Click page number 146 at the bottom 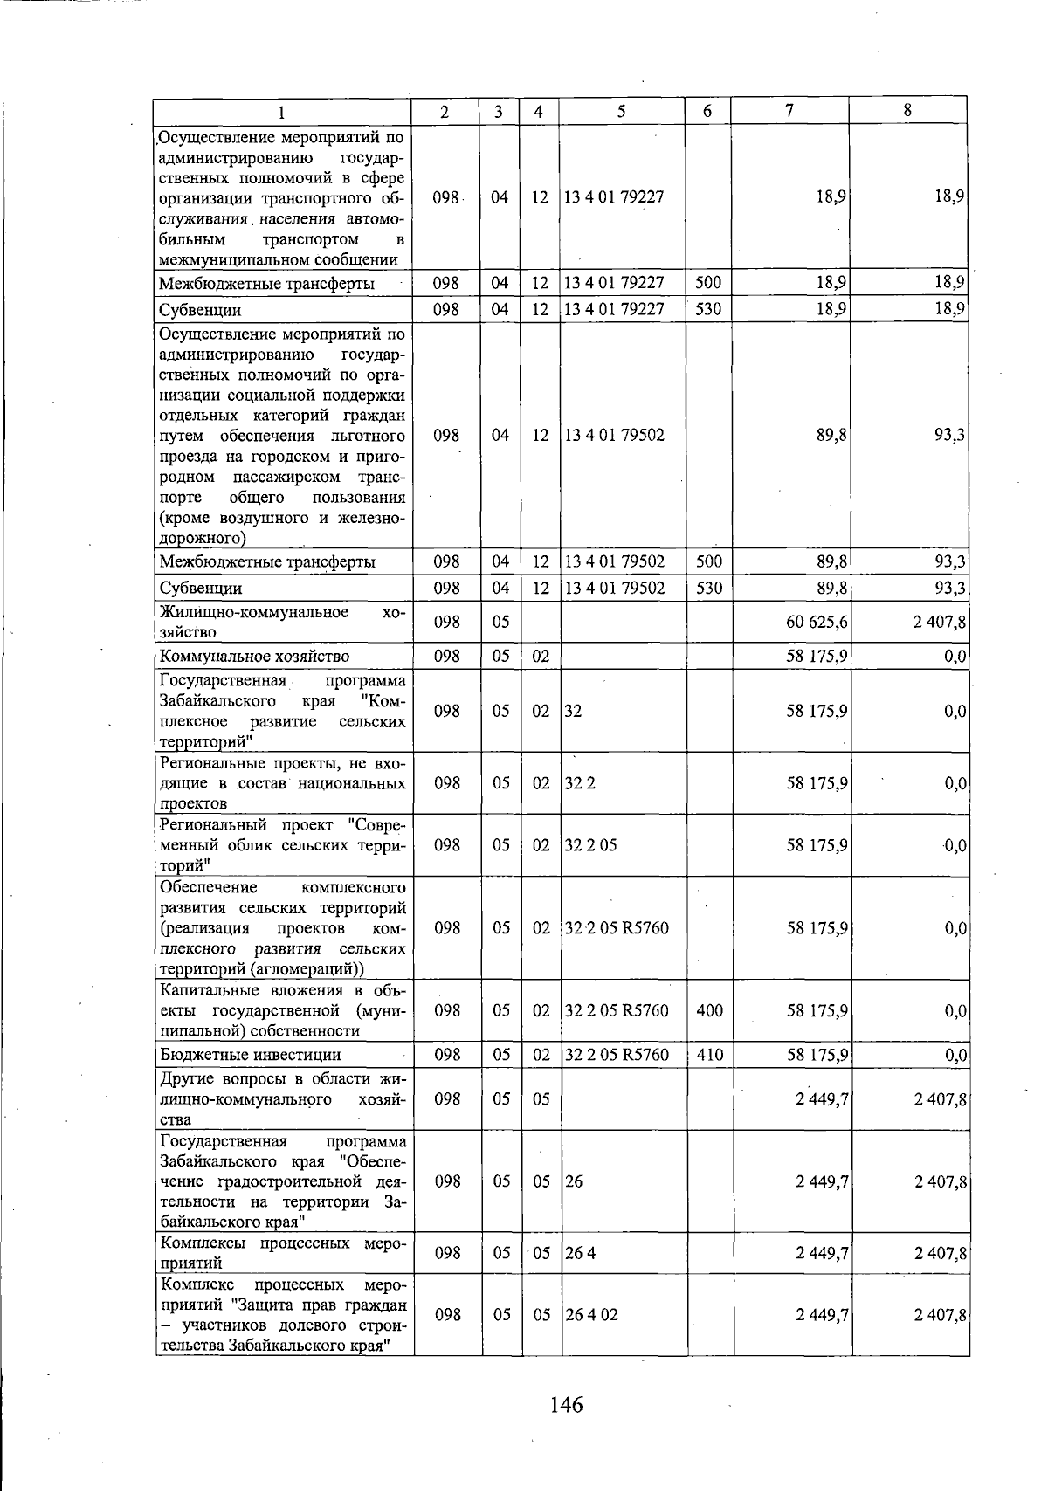566,1405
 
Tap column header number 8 908,110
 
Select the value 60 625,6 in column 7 817,623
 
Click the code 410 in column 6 710,1055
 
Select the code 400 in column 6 710,1011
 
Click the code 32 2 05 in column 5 591,845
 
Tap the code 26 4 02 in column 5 591,1314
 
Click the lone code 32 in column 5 573,712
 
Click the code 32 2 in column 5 580,783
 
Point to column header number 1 282,111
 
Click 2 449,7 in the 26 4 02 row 822,1314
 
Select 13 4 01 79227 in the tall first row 614,197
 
